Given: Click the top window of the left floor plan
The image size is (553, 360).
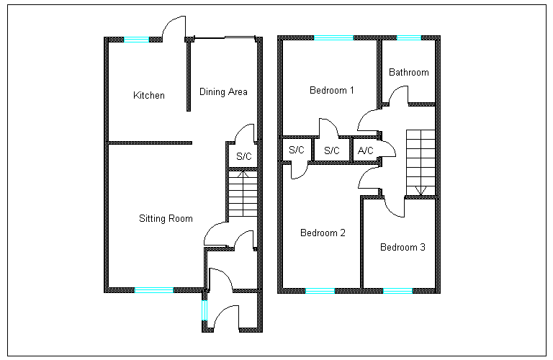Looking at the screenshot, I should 136,40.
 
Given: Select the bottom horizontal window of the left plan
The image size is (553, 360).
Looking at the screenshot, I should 154,290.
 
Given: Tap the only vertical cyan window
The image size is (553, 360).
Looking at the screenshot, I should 204,310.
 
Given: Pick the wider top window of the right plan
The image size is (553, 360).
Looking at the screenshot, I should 334,37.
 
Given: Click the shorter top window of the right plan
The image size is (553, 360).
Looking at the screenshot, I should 409,37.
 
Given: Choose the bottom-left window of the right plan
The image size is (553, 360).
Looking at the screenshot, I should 320,291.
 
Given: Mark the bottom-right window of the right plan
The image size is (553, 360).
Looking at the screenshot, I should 397,291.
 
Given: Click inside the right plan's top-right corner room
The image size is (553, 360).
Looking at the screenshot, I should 408,71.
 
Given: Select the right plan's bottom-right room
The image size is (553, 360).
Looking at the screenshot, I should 400,243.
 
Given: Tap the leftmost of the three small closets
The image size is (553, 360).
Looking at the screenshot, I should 296,150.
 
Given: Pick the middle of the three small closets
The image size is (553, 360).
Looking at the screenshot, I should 332,150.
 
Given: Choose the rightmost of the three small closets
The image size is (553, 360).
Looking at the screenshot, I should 365,150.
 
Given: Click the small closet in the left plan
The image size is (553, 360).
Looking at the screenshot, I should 243,156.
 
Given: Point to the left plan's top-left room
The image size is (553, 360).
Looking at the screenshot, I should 147,90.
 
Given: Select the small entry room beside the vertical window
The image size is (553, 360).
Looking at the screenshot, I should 232,310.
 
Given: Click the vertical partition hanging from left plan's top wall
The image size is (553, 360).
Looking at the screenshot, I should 189,76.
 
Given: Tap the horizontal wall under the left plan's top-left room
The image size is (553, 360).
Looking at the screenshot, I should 148,143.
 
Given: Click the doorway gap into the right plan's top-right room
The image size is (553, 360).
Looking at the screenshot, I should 399,104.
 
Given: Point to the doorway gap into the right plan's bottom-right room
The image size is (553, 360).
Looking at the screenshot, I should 395,197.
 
